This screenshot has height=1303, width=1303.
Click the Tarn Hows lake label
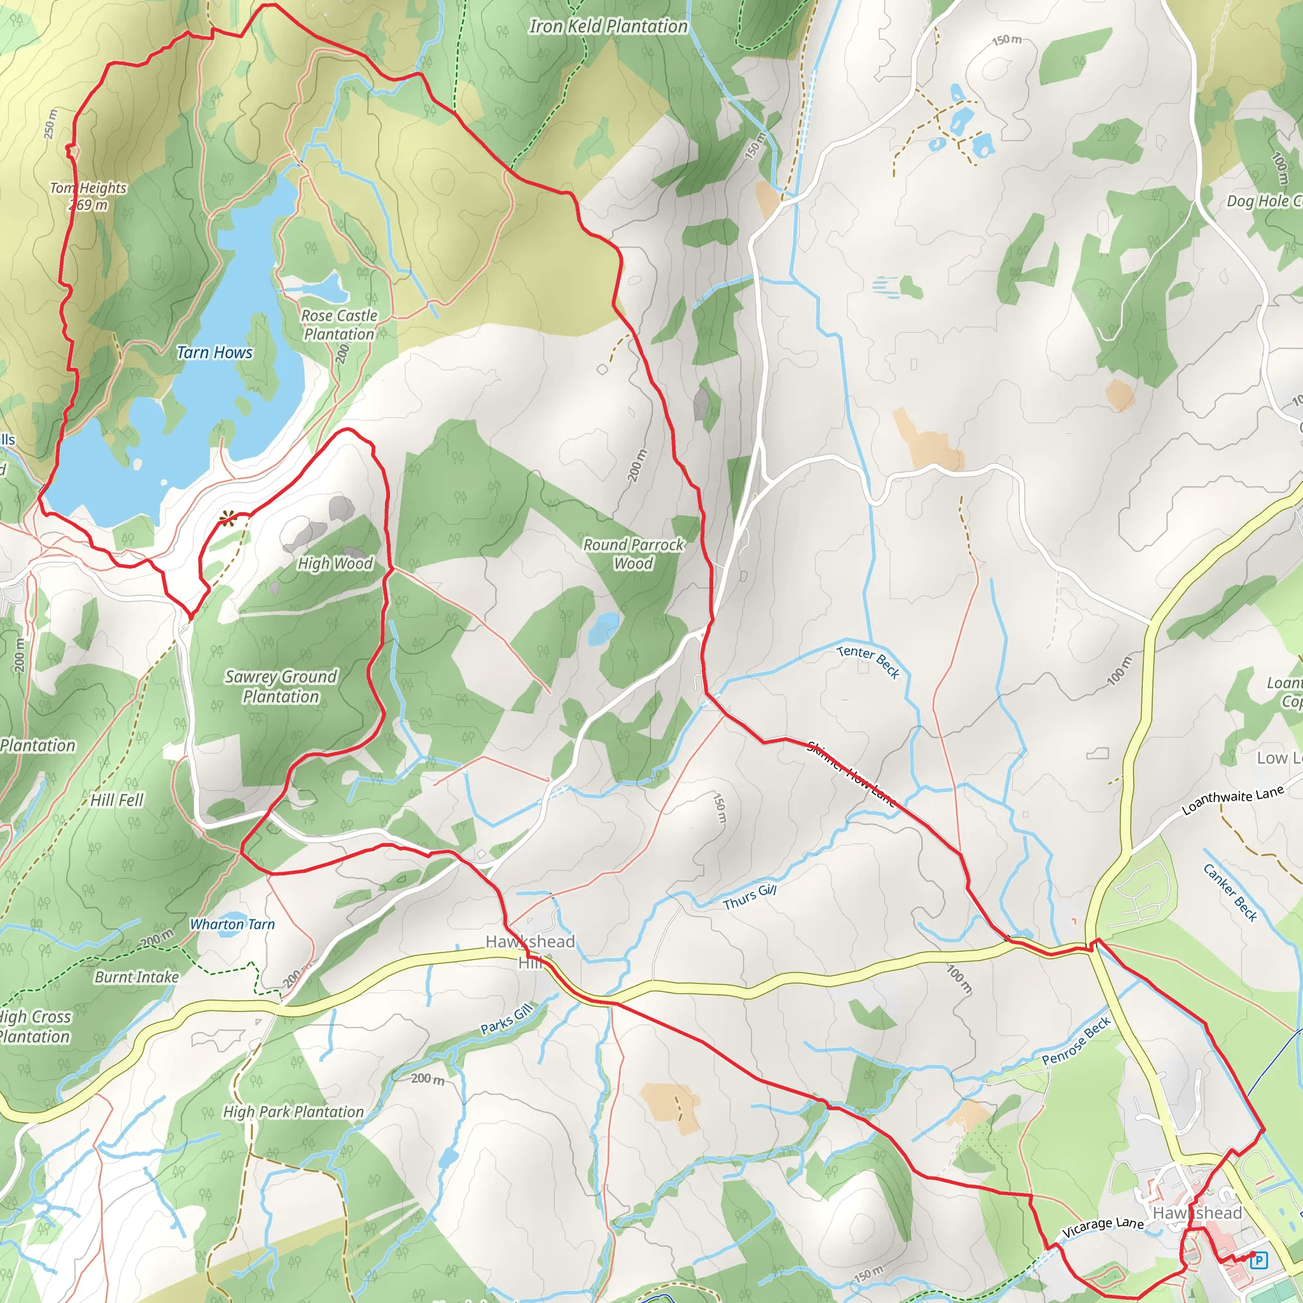click(214, 352)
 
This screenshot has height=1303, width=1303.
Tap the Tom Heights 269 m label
click(88, 196)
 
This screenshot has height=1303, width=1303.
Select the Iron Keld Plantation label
click(608, 26)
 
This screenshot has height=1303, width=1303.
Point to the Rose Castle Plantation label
click(338, 324)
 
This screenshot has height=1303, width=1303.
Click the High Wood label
click(335, 563)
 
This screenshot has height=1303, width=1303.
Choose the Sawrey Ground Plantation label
click(281, 686)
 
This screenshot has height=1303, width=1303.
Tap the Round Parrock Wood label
click(633, 554)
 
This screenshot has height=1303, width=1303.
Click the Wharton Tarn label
click(232, 924)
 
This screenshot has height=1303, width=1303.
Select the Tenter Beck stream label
click(868, 661)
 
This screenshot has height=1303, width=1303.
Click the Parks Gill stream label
click(506, 1019)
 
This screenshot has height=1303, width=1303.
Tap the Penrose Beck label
click(1076, 1041)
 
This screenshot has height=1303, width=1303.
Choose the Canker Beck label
click(1230, 892)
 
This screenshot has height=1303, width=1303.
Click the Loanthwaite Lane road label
click(1232, 800)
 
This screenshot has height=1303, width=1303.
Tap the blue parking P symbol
click(1258, 1259)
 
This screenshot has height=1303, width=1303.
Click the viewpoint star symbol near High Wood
click(227, 518)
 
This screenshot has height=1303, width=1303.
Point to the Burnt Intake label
click(137, 977)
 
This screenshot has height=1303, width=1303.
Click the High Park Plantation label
click(293, 1111)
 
